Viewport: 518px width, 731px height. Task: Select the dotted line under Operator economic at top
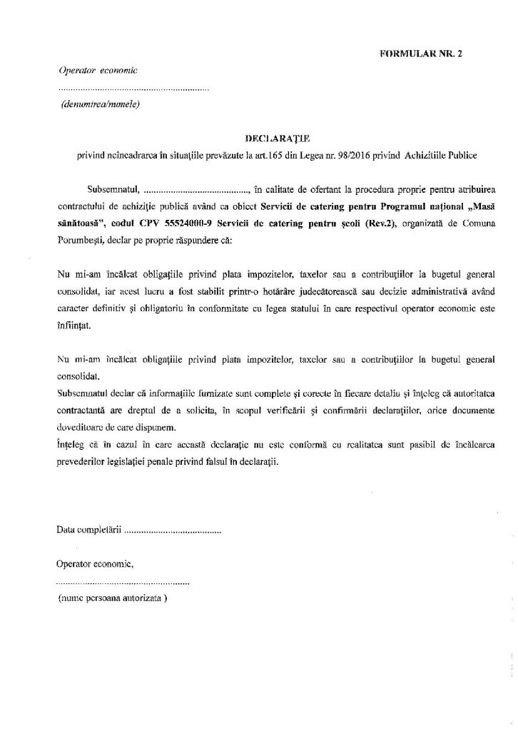pos(133,90)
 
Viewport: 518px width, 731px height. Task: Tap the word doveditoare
pos(79,428)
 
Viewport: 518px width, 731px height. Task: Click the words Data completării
pos(89,531)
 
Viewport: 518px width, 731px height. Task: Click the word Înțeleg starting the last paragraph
pos(71,445)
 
